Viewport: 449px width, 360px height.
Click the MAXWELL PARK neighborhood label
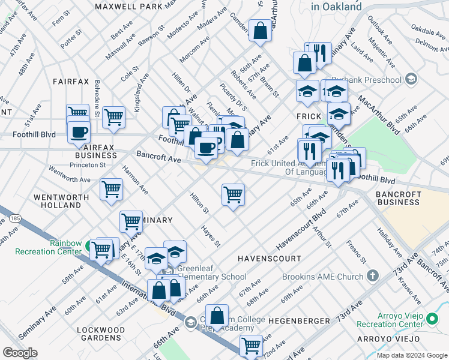pyautogui.click(x=128, y=7)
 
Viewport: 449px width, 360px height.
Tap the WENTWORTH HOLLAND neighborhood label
pyautogui.click(x=57, y=201)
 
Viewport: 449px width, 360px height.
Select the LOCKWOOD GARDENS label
pyautogui.click(x=101, y=334)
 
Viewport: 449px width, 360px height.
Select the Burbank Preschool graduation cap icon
pyautogui.click(x=411, y=79)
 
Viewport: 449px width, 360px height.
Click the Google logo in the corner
pyautogui.click(x=20, y=353)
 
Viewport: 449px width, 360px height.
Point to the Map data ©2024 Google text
pyautogui.click(x=412, y=355)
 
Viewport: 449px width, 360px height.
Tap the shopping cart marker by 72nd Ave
pyautogui.click(x=251, y=345)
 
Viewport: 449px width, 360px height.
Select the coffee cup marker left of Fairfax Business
pyautogui.click(x=78, y=132)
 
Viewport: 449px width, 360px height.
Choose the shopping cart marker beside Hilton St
pyautogui.click(x=233, y=194)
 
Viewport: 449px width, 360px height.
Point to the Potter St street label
pyautogui.click(x=71, y=38)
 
